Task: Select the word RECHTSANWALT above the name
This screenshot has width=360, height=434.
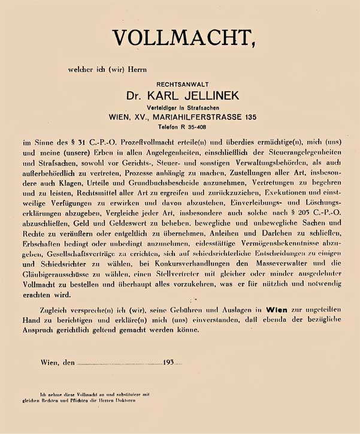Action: pyautogui.click(x=182, y=85)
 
